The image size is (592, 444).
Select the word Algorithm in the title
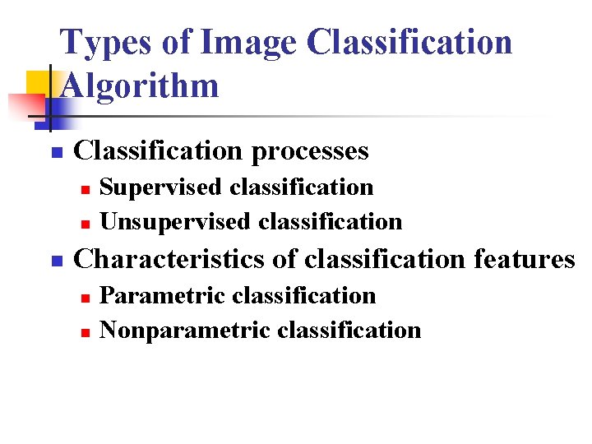(x=140, y=85)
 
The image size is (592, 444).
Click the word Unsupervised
(x=175, y=222)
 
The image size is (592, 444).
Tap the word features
(x=525, y=259)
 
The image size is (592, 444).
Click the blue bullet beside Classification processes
(x=56, y=153)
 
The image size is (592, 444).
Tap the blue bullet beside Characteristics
(x=56, y=261)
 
